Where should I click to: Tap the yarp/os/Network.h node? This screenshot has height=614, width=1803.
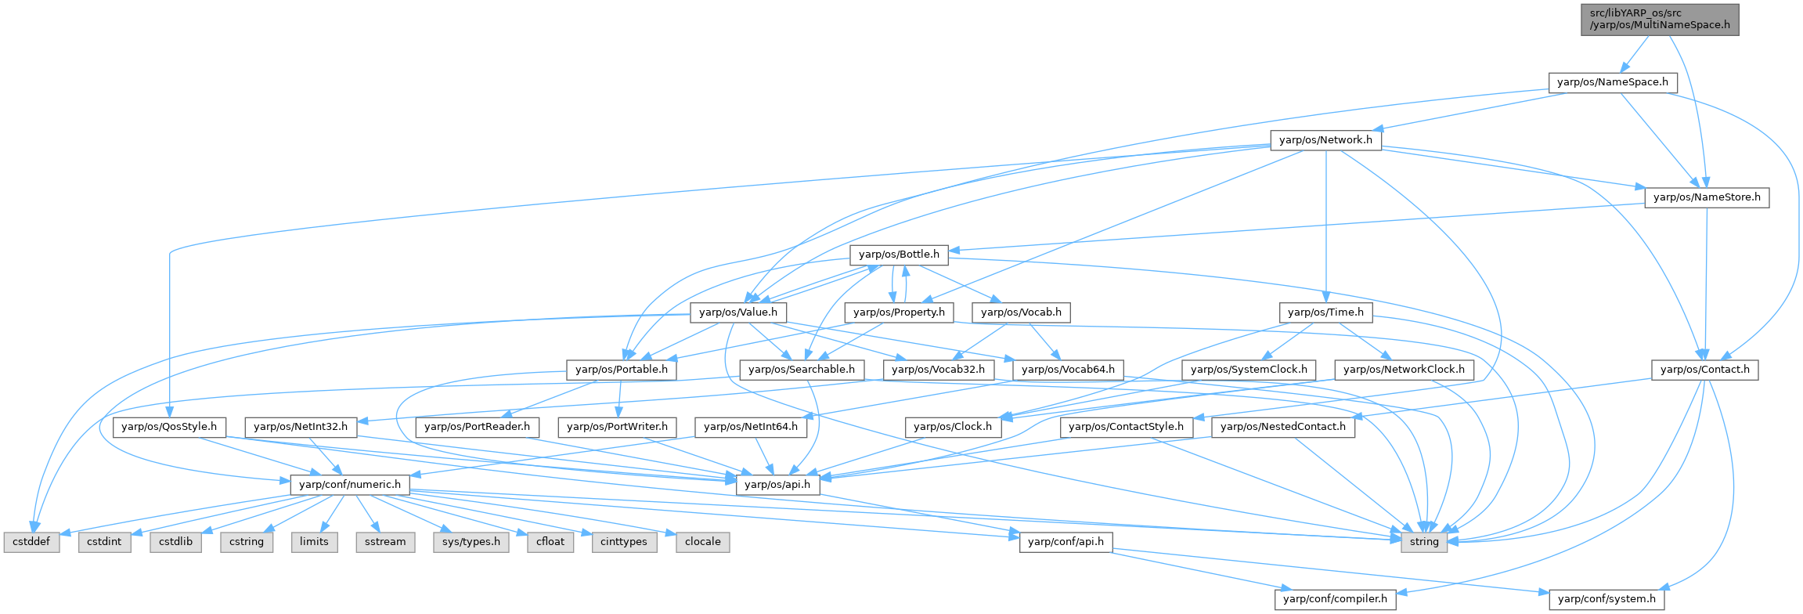1325,140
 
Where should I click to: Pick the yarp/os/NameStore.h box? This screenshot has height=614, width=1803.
1706,197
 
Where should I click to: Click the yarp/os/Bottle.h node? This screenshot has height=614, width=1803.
899,255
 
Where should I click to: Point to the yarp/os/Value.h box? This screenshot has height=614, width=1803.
737,312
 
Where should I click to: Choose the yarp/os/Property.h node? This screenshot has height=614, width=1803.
899,312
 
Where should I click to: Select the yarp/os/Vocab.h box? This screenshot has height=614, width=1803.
1021,312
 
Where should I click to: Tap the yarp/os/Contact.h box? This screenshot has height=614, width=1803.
1704,370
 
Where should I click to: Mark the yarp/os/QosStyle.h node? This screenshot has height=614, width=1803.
169,427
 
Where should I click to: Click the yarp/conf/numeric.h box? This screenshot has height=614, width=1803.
349,485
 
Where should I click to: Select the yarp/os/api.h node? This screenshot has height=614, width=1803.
777,485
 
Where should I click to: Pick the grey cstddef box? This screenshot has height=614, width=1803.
32,542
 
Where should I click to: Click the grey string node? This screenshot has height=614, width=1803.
1424,542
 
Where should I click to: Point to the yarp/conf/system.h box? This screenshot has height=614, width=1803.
1606,599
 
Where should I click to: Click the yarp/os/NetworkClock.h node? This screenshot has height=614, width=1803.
1405,370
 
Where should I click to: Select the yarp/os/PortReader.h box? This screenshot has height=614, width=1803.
477,427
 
